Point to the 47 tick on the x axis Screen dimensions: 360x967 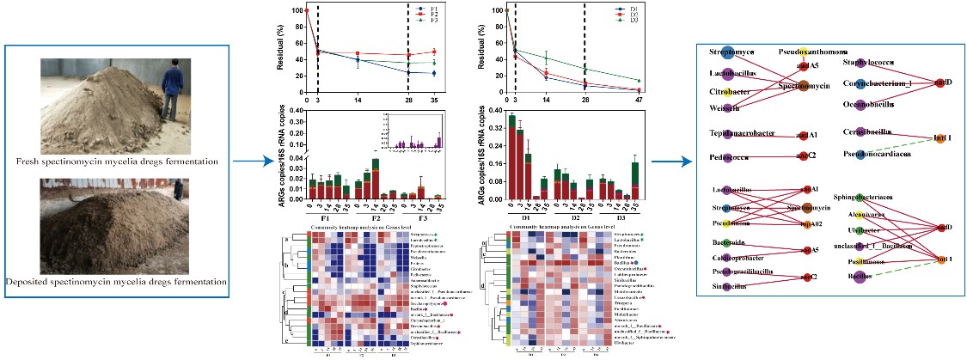639,101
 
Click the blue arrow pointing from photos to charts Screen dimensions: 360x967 258,160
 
